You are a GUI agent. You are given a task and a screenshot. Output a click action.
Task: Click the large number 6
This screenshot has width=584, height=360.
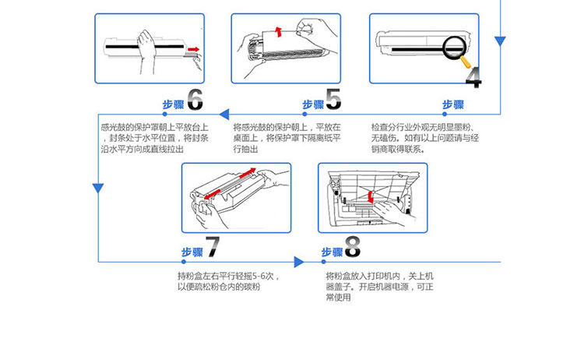195,100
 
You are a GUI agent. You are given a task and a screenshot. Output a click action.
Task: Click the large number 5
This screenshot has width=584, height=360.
333,100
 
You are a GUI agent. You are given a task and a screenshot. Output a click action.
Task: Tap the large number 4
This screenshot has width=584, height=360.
473,76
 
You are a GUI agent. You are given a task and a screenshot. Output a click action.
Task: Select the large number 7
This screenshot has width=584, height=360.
212,248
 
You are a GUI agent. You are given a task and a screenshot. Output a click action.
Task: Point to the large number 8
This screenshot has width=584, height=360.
352,248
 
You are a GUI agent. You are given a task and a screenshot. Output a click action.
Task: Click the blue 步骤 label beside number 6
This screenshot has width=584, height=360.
172,105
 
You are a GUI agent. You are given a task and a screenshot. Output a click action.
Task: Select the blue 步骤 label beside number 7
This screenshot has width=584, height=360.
192,252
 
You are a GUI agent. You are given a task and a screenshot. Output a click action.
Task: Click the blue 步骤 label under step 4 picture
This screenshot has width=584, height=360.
453,105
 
